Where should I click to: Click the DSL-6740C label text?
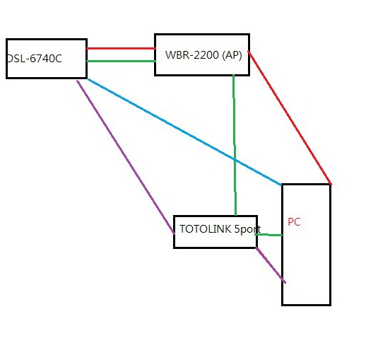35,59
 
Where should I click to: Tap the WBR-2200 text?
191,54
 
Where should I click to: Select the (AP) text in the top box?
232,55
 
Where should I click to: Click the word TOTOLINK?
205,228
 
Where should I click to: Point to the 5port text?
247,229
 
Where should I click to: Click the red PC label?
294,222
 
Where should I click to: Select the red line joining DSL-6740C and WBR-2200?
121,48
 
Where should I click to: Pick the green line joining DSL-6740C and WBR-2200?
121,61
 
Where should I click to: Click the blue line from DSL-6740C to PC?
185,132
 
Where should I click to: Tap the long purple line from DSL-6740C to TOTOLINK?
126,157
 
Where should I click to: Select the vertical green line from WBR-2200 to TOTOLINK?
235,145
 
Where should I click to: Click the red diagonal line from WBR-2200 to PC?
290,117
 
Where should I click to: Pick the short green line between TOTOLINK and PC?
268,235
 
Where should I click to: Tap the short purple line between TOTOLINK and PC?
271,265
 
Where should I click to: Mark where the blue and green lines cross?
235,160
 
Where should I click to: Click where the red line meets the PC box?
331,184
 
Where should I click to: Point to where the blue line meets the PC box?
281,185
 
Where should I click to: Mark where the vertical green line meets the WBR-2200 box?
233,75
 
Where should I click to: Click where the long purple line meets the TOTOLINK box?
175,233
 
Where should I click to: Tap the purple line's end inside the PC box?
285,283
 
